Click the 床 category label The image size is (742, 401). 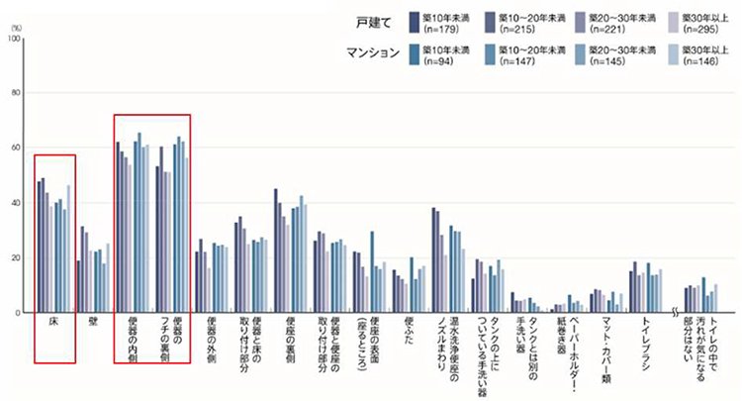(55, 324)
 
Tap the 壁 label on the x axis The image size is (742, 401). (92, 324)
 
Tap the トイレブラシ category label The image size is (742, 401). (645, 340)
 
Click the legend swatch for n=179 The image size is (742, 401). (416, 18)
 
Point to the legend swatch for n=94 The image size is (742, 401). (416, 50)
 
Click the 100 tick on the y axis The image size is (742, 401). (13, 39)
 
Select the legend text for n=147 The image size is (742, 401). (532, 56)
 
